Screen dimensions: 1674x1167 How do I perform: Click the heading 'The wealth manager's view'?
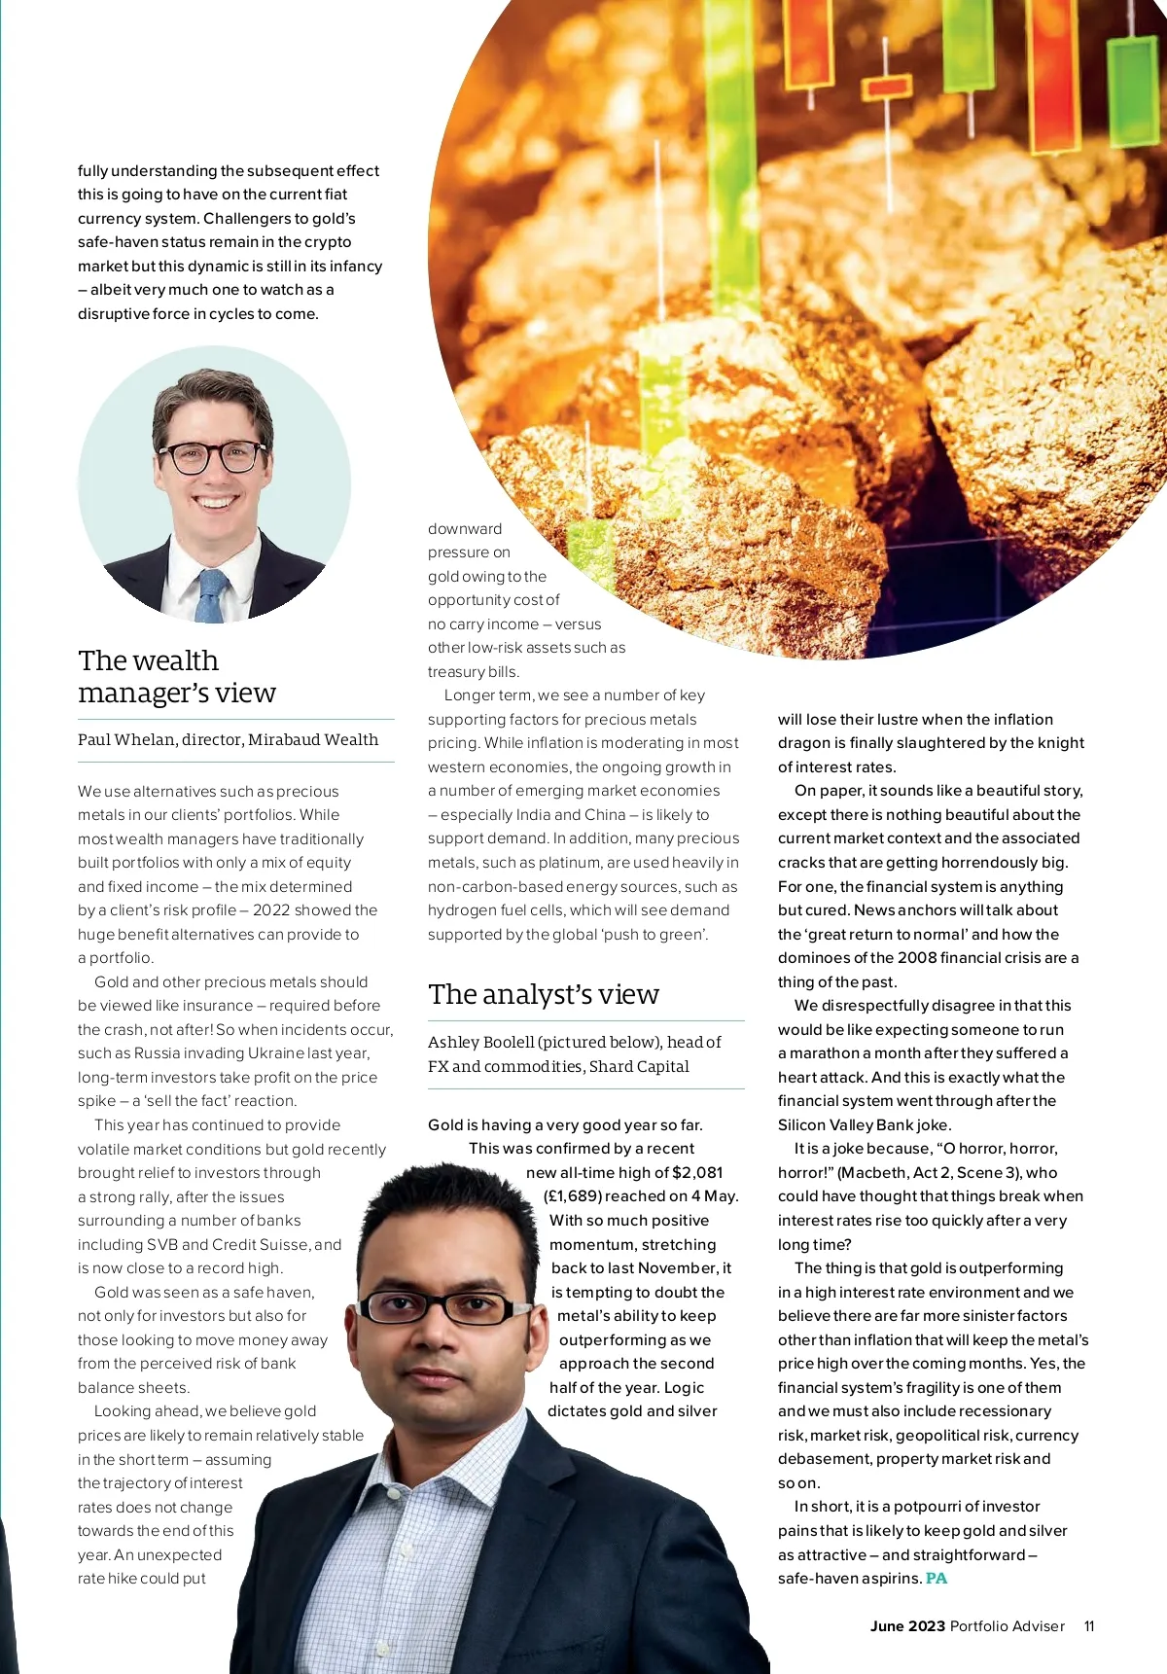tap(177, 676)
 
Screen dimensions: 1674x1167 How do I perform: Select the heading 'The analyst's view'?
tap(544, 994)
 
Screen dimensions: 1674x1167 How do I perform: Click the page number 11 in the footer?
tap(1089, 1626)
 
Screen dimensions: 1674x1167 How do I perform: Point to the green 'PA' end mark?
tap(937, 1579)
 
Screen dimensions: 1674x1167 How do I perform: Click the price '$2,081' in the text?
tap(697, 1173)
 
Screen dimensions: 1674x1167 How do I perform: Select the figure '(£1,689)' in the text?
tap(572, 1196)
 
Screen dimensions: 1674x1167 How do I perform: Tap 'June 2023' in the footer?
tap(907, 1626)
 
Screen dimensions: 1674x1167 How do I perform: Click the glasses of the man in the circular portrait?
tap(212, 455)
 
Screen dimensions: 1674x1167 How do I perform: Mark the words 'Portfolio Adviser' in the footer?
tap(1008, 1626)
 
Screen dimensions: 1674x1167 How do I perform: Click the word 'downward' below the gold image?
tap(465, 529)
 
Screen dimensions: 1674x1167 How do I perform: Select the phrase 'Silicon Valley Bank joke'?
tap(863, 1125)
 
